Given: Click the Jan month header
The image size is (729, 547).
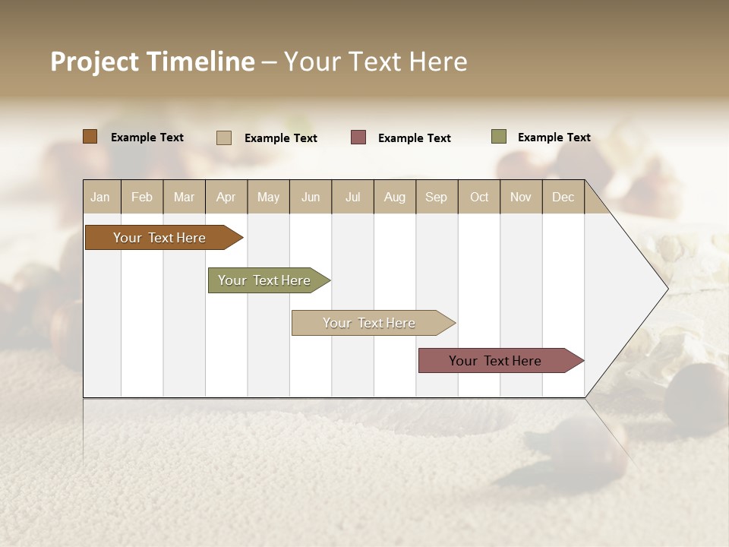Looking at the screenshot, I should click(x=100, y=197).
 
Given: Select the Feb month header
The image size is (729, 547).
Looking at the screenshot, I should click(x=142, y=197).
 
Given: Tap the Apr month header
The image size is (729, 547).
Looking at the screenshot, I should click(x=226, y=197).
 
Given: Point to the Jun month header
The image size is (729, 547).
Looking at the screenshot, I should click(x=311, y=197).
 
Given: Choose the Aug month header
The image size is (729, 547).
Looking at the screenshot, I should click(x=394, y=197).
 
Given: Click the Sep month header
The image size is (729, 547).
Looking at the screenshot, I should click(x=436, y=197).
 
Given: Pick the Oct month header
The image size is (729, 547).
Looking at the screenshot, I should click(x=479, y=197).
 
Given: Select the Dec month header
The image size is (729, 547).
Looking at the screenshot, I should click(x=563, y=197).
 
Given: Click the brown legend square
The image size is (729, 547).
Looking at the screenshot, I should click(x=90, y=137).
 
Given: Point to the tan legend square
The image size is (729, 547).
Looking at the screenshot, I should click(x=223, y=138).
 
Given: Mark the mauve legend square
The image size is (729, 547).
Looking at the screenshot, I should click(x=358, y=138).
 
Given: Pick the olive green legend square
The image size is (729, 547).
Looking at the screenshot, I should click(x=498, y=137).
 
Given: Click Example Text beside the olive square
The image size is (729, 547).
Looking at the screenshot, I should click(x=554, y=138).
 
